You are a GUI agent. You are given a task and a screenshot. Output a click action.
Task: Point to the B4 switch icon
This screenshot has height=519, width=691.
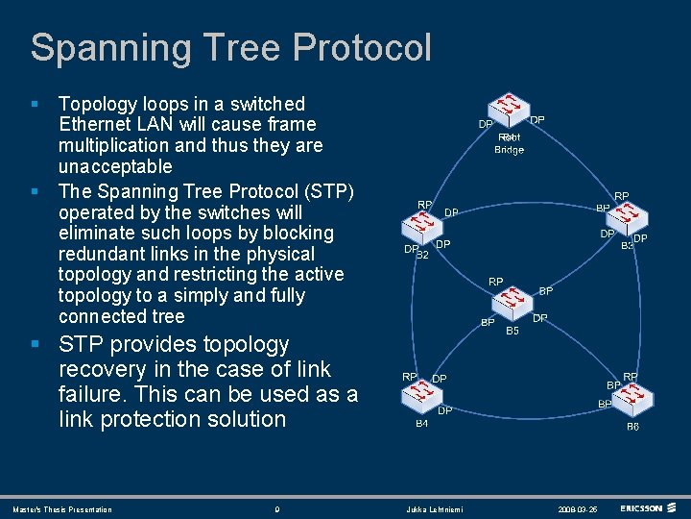(419, 399)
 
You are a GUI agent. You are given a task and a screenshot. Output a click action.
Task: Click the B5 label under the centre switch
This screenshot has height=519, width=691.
(512, 331)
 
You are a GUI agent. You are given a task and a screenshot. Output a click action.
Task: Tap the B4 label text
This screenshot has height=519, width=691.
(421, 424)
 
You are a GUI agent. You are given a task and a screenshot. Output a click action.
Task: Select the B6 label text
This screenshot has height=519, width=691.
(632, 426)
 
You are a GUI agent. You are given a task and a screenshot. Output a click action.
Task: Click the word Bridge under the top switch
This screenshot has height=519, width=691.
(509, 150)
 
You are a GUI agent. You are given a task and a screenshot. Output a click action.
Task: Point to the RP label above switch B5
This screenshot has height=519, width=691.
(496, 282)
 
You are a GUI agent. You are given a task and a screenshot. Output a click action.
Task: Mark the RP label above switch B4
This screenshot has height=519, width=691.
(409, 377)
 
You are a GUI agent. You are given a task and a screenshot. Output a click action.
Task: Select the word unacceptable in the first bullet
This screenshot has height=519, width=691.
(115, 166)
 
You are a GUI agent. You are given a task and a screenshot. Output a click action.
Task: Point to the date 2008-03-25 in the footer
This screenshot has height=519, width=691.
(579, 509)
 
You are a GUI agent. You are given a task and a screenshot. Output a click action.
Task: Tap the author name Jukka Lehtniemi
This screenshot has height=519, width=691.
(434, 509)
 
